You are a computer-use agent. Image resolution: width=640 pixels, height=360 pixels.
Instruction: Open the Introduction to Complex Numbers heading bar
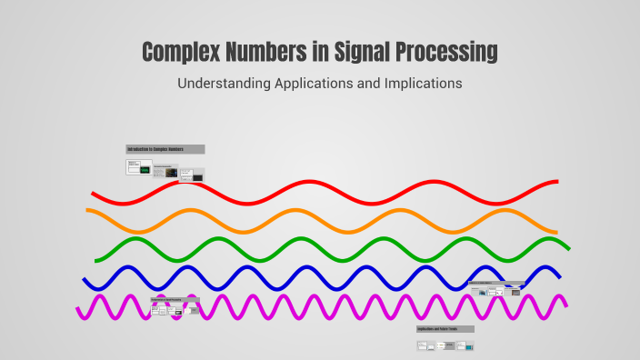click(x=165, y=149)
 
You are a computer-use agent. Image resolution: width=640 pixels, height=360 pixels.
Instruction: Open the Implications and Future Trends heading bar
click(x=445, y=328)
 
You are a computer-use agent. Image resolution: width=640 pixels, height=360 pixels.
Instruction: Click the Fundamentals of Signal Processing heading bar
click(x=174, y=299)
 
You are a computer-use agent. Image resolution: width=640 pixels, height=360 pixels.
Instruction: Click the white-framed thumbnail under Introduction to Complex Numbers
click(x=140, y=167)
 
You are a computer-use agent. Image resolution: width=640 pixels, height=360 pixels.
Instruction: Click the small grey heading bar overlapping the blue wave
click(x=496, y=283)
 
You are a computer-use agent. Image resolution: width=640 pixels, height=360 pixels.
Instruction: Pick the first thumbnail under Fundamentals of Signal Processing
click(x=155, y=310)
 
